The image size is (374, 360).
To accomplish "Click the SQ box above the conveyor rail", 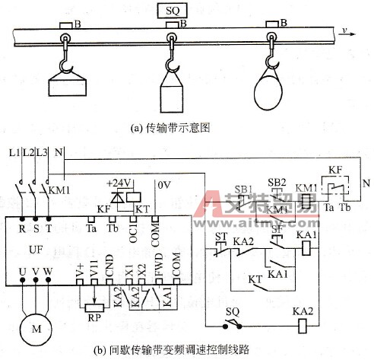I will point(173,11).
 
